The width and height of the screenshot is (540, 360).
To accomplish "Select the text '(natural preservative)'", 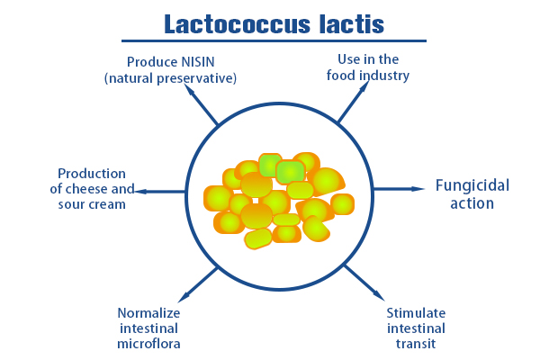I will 170,78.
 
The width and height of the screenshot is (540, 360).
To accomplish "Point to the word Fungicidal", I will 472,186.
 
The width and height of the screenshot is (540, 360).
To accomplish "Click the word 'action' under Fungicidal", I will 472,203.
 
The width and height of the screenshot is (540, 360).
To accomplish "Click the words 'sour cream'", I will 88,204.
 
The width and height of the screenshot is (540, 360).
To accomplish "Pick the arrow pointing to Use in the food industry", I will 351,107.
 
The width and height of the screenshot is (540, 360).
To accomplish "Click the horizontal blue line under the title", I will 270,40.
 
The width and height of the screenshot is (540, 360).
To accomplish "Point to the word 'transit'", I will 417,343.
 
